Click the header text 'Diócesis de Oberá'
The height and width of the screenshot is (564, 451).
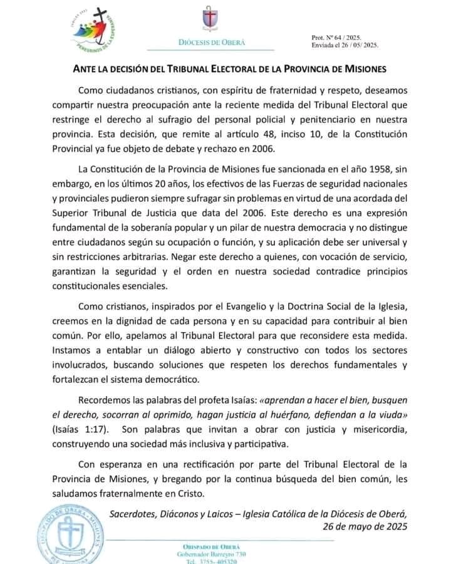212,42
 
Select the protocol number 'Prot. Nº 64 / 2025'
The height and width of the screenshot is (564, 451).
336,38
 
